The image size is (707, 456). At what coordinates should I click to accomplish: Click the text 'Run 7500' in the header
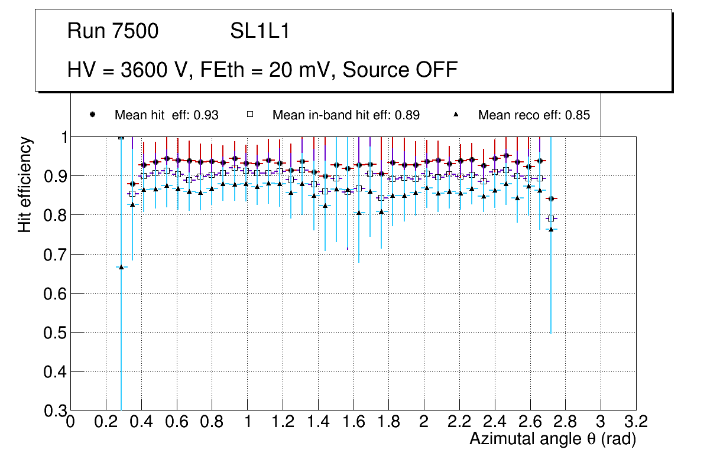[x=113, y=31]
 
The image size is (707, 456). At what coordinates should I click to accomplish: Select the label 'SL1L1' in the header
[x=260, y=31]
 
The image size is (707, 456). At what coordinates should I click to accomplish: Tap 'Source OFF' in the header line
[x=400, y=70]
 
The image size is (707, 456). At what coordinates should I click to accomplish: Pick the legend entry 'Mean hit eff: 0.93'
[x=166, y=115]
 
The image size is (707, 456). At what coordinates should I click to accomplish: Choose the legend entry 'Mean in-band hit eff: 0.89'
[x=346, y=115]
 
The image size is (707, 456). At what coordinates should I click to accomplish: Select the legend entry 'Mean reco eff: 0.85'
[x=534, y=115]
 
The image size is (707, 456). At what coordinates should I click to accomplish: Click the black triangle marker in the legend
[x=456, y=115]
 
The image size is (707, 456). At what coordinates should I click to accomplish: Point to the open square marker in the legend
[x=251, y=115]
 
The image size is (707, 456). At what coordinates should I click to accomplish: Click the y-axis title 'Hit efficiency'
[x=25, y=184]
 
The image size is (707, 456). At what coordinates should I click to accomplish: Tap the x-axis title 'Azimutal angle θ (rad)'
[x=553, y=439]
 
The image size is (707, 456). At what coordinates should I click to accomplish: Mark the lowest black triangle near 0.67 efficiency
[x=121, y=267]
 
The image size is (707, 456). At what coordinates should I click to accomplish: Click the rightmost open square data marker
[x=551, y=219]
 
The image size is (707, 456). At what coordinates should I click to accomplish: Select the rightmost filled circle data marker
[x=551, y=199]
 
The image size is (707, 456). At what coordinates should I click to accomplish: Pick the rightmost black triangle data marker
[x=551, y=229]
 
